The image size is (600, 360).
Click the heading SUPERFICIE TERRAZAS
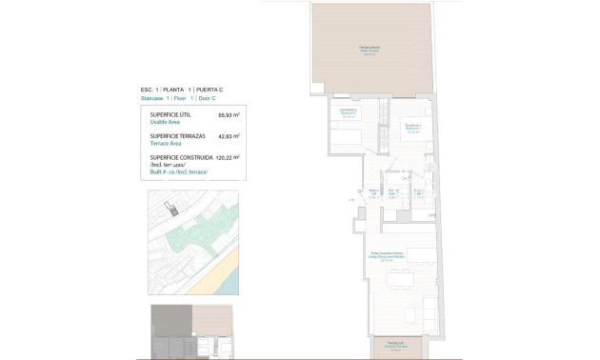tap(179, 136)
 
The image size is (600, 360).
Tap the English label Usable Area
tap(167, 123)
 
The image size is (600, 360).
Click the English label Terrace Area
tap(168, 144)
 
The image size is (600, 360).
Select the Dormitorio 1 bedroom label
tap(412, 128)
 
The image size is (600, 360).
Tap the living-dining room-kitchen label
tap(389, 255)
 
